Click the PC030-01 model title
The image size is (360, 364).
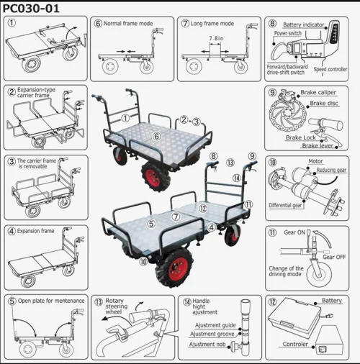tap(31, 9)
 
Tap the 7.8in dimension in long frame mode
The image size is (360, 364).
tap(216, 38)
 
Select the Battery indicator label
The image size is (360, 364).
tap(304, 24)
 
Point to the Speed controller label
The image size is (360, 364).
tap(330, 69)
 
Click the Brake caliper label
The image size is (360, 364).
tap(318, 92)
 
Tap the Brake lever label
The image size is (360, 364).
tap(318, 145)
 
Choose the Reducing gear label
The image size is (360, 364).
tap(331, 170)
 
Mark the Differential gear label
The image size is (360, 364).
tap(285, 205)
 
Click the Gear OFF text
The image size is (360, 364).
tap(334, 257)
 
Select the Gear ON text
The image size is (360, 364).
tap(294, 232)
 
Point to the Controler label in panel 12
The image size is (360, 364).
tap(295, 344)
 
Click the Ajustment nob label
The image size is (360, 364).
tap(207, 345)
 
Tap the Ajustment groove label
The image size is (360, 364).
tap(212, 334)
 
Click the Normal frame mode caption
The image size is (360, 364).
tap(128, 24)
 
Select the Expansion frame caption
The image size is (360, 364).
tap(35, 231)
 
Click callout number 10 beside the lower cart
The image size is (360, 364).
tap(143, 261)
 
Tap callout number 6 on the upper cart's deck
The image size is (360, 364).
tap(156, 136)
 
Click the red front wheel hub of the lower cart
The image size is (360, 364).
tap(178, 269)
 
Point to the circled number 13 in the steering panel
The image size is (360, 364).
tap(99, 302)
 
